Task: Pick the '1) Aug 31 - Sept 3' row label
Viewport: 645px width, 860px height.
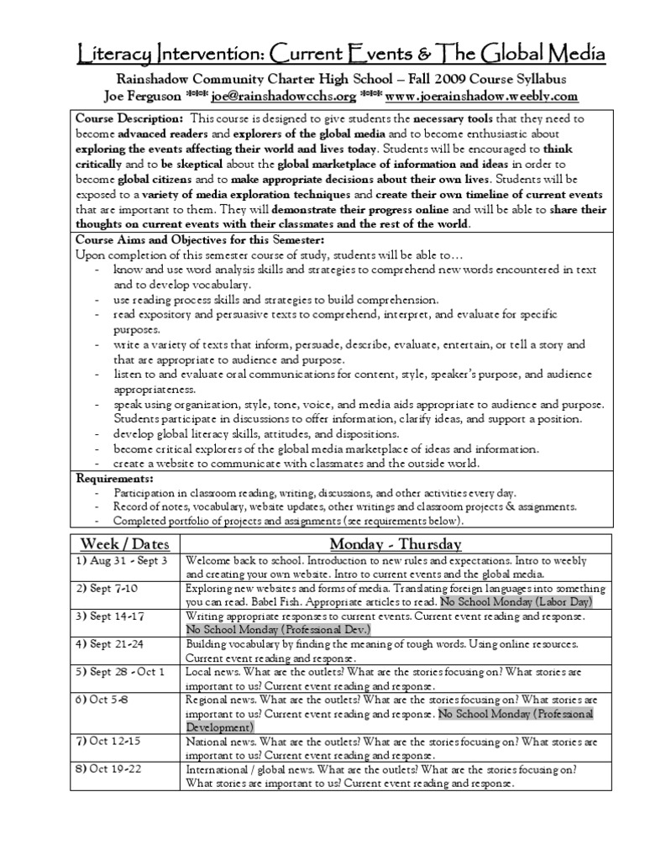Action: [123, 560]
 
